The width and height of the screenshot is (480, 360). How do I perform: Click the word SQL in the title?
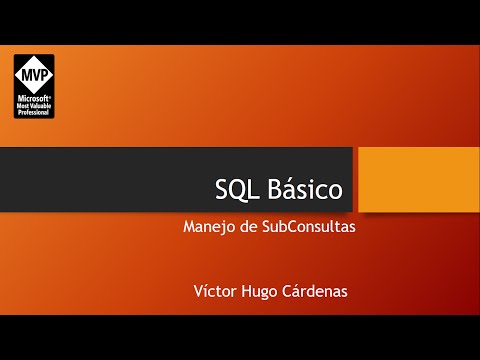[x=236, y=189]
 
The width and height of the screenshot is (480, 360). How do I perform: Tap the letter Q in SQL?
[x=236, y=190]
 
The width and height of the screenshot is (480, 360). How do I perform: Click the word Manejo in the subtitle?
[x=208, y=227]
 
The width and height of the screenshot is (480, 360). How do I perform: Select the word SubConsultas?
[x=308, y=227]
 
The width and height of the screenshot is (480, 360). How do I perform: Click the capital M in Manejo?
[x=190, y=227]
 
